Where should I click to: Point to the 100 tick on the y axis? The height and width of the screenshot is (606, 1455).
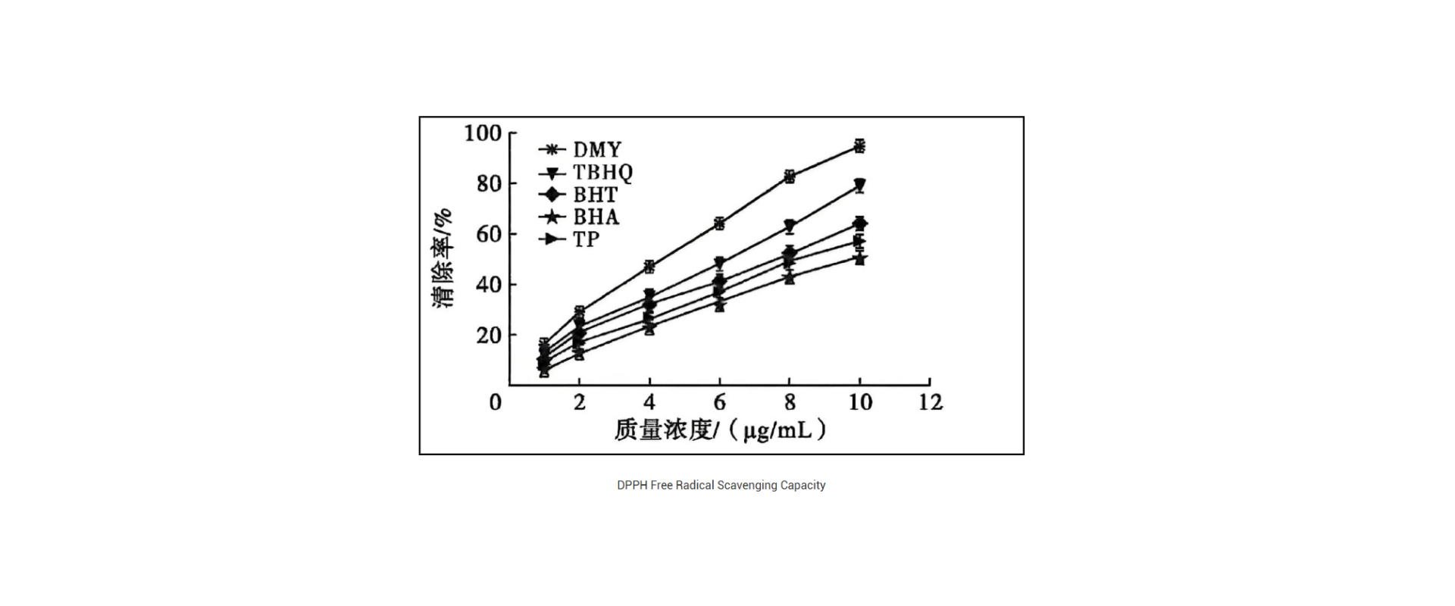pos(483,133)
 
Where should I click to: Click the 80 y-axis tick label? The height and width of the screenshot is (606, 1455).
pos(489,183)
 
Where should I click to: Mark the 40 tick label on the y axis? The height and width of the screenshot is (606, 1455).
pos(489,285)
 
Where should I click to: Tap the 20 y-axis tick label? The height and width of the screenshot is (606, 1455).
pos(489,335)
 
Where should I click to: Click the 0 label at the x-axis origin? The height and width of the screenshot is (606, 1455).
pos(496,402)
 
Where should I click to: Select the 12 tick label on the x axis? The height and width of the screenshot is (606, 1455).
pos(931,402)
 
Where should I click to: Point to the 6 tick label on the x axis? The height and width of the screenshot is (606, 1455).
pos(720,402)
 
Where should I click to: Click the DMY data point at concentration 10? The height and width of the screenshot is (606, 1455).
pos(859,146)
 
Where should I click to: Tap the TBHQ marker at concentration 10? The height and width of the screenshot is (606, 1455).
pos(859,185)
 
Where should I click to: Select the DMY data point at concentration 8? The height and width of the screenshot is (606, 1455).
pos(790,176)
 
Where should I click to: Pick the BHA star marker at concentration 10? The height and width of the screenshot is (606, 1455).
pos(859,259)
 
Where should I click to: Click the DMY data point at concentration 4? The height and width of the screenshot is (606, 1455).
pos(649,267)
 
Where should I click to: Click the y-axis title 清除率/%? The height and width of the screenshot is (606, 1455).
pos(443,258)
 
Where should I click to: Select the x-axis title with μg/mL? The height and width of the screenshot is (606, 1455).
pos(720,430)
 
